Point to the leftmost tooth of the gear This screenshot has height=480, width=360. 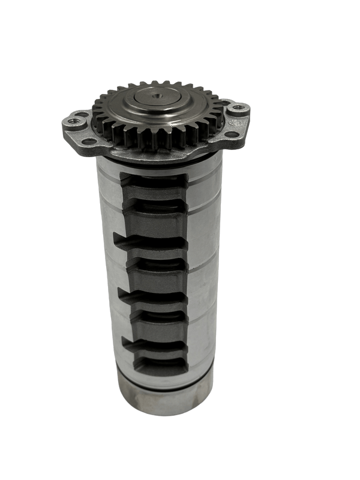[97, 113]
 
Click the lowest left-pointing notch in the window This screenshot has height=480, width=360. [125, 341]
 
